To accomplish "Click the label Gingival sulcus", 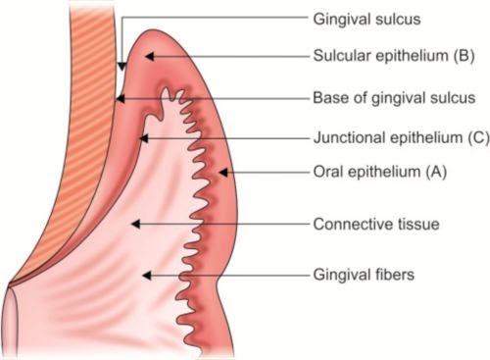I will click(367, 19).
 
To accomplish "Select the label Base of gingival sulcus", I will click(394, 98).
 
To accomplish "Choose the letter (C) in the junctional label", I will click(477, 138).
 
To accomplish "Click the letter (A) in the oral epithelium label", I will click(437, 174).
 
